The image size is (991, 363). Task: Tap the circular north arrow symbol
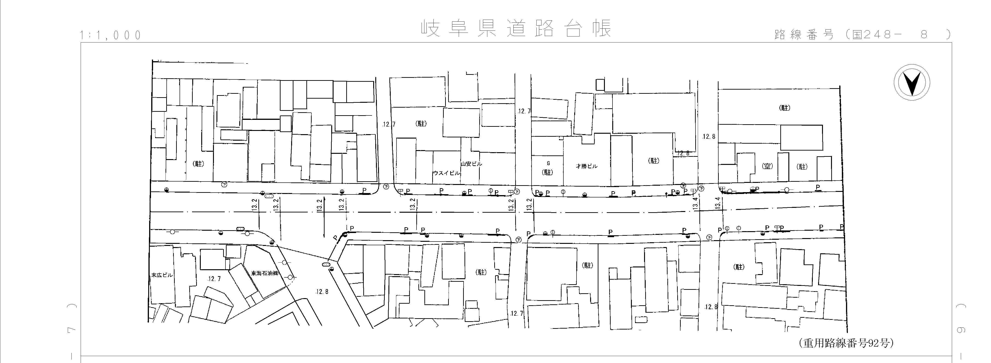pyautogui.click(x=912, y=83)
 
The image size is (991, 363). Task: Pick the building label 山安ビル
pyautogui.click(x=471, y=164)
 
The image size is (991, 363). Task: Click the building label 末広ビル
pyautogui.click(x=162, y=275)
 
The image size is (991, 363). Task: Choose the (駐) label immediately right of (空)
pyautogui.click(x=802, y=167)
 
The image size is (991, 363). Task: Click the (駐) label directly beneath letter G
pyautogui.click(x=547, y=172)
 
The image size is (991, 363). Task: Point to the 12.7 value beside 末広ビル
pyautogui.click(x=214, y=279)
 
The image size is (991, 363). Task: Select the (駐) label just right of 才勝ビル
pyautogui.click(x=654, y=161)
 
